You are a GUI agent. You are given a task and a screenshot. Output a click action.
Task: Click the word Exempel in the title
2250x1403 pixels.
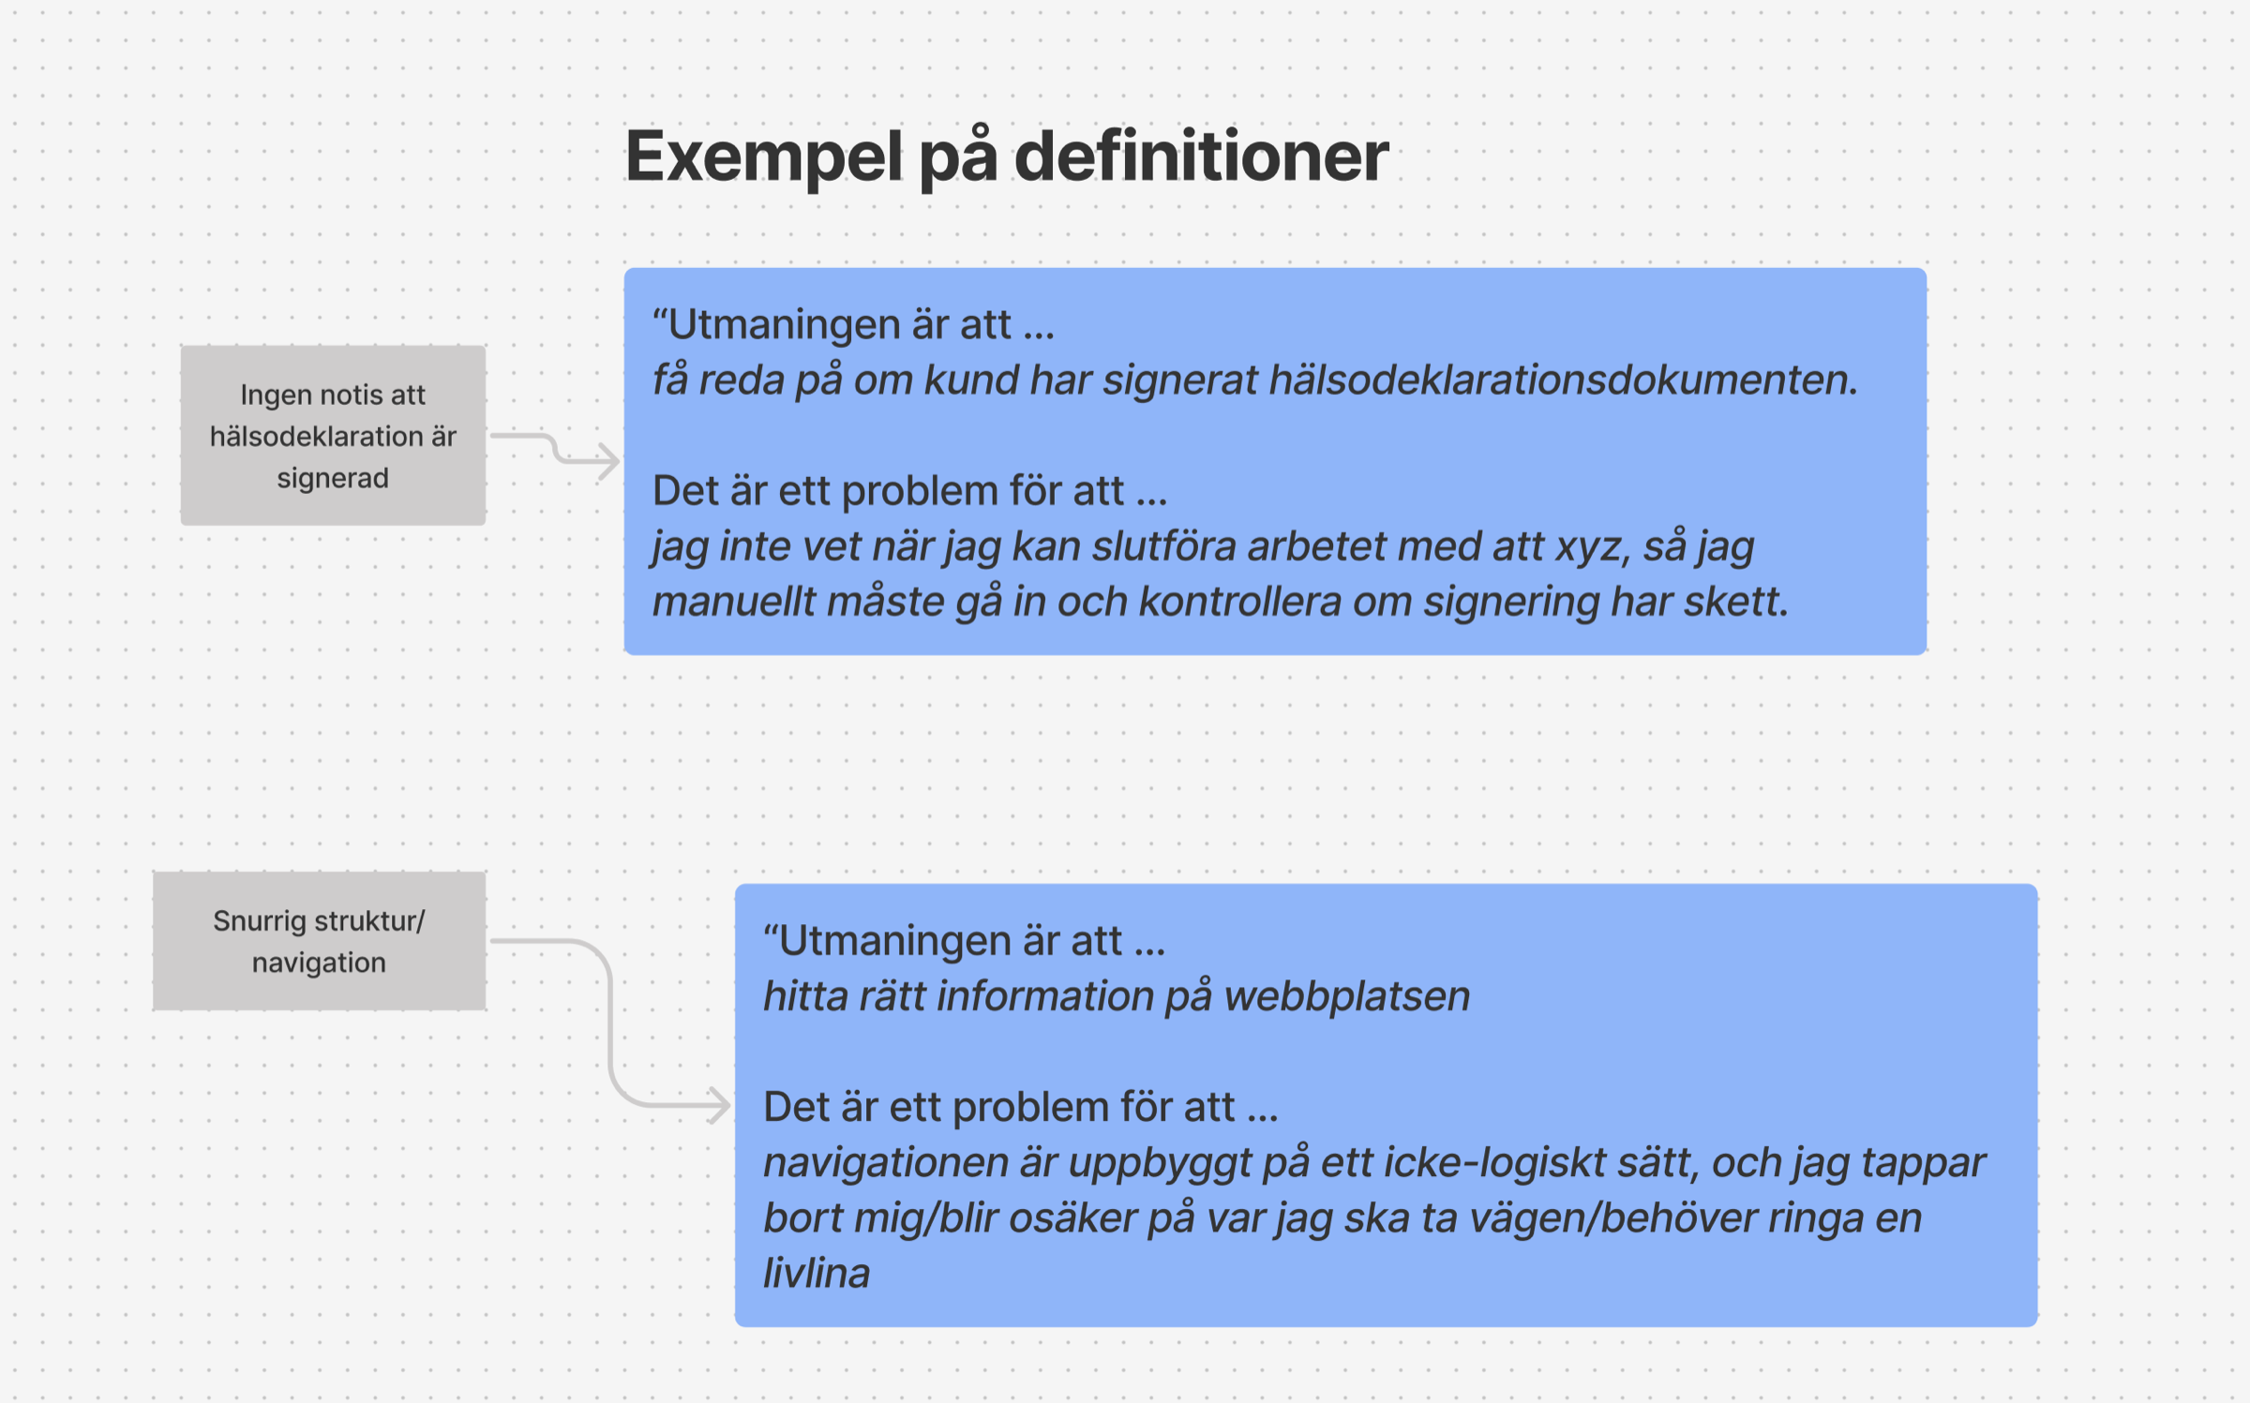coord(764,157)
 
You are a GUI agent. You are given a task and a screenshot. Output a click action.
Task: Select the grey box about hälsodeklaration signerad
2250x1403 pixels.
coord(333,435)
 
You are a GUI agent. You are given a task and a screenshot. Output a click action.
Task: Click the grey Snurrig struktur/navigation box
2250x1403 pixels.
coord(319,941)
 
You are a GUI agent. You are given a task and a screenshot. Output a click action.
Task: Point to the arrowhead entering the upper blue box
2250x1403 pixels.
coord(610,460)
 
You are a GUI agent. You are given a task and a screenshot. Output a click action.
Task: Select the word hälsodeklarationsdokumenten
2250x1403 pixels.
coord(1563,380)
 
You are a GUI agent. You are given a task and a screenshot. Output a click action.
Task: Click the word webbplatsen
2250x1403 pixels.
coord(1347,996)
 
